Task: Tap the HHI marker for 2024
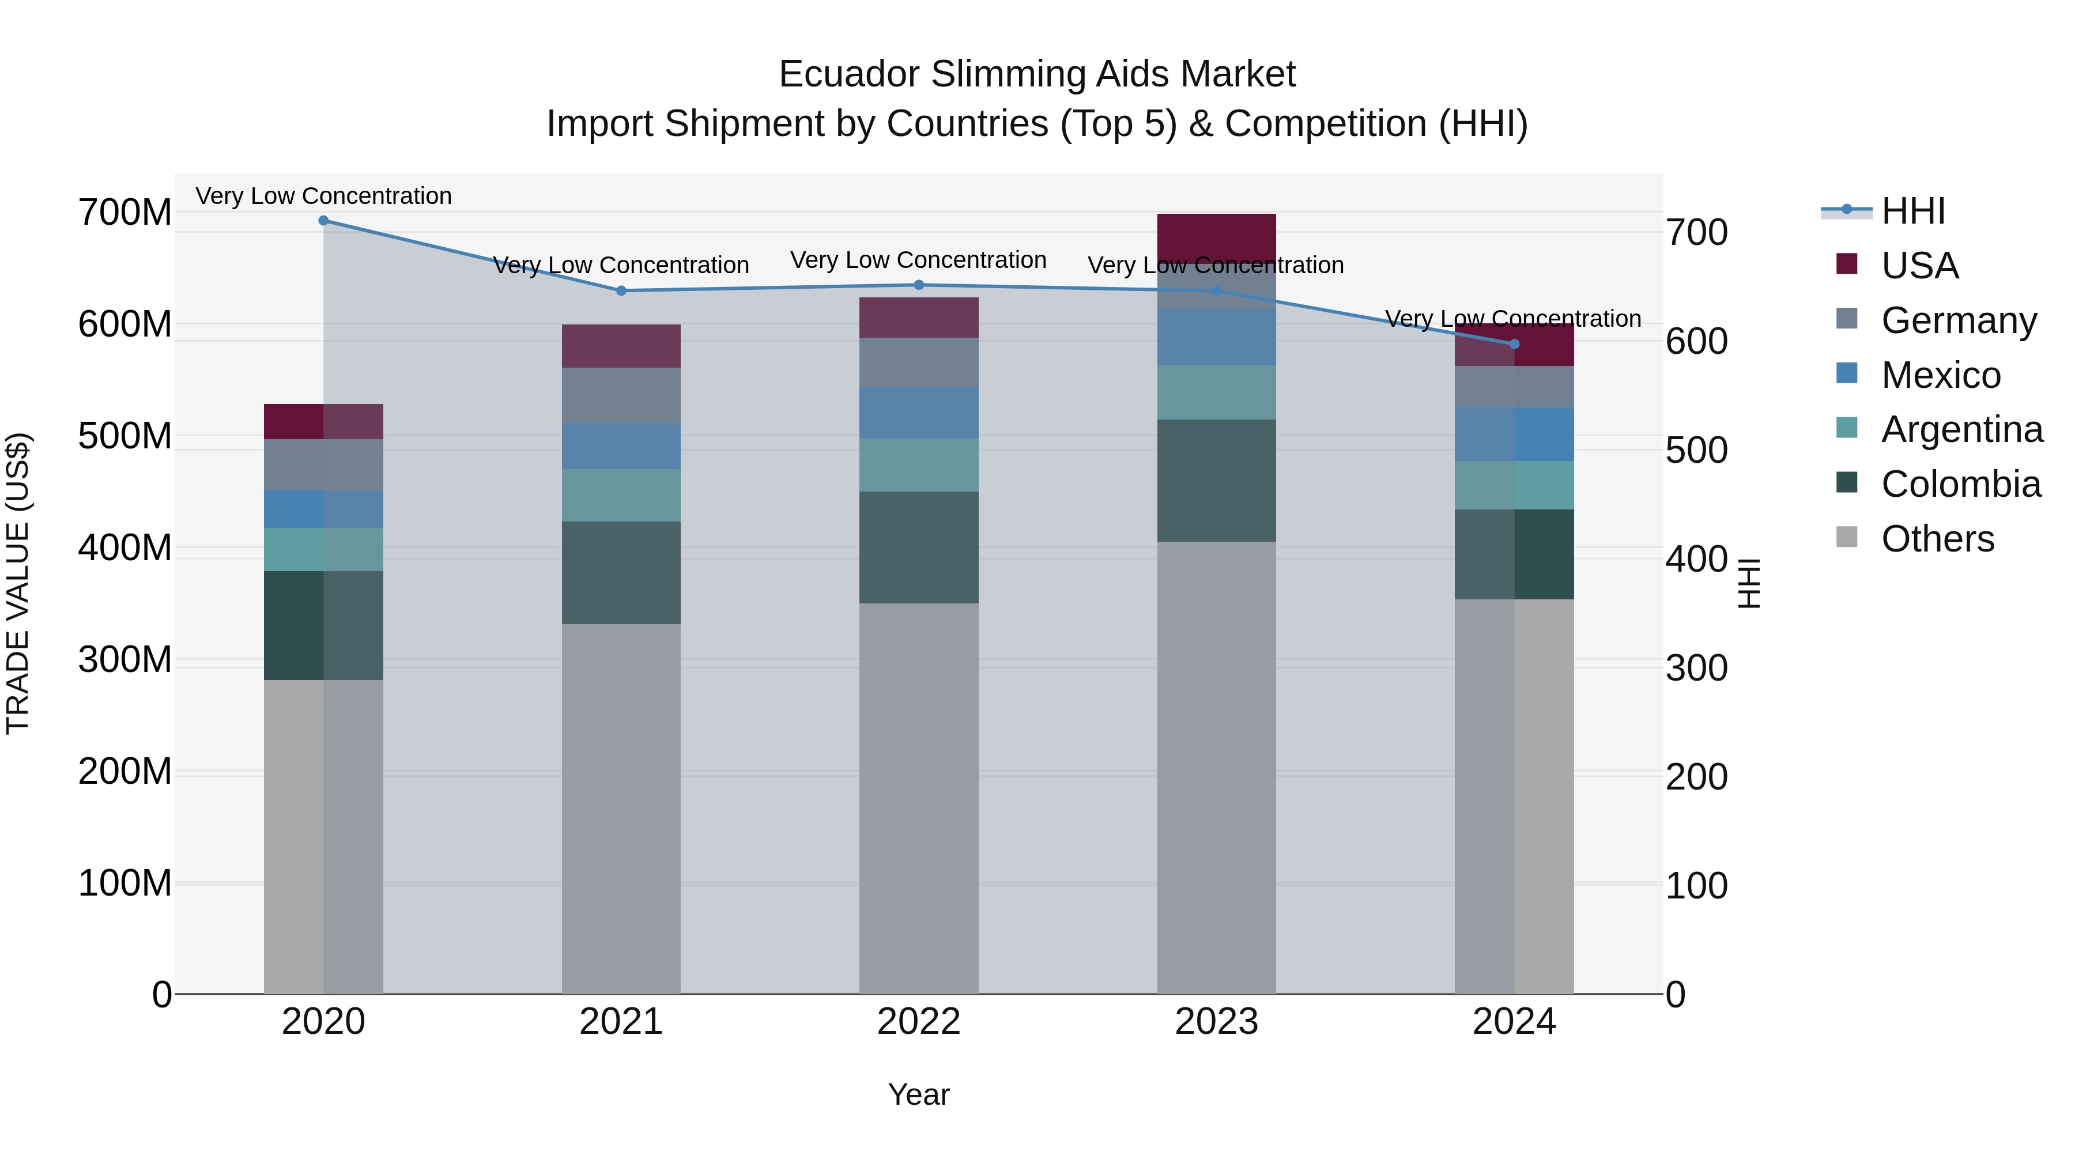coord(1514,345)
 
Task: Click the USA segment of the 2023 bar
coord(1216,237)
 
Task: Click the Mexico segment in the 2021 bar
coord(621,447)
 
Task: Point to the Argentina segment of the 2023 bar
coord(1216,392)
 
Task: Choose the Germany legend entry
coord(1957,320)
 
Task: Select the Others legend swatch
coord(1846,537)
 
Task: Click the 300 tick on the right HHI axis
coord(1696,669)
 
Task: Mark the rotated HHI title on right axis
coord(1748,583)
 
